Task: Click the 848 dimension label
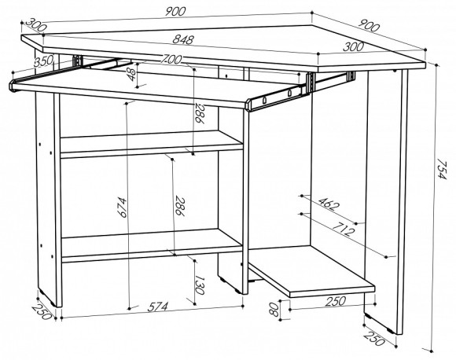(183, 39)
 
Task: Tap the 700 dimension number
(171, 59)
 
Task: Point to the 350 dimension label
(43, 61)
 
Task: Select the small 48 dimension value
(132, 75)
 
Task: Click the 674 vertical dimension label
(122, 208)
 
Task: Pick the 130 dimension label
(200, 285)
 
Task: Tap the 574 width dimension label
(158, 307)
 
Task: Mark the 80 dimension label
(274, 310)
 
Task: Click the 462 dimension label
(329, 204)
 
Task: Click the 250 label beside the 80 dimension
(335, 301)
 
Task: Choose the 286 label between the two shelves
(180, 206)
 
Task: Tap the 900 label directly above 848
(175, 12)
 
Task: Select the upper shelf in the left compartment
(151, 143)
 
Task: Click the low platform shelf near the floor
(311, 271)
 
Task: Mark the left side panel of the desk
(48, 198)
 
